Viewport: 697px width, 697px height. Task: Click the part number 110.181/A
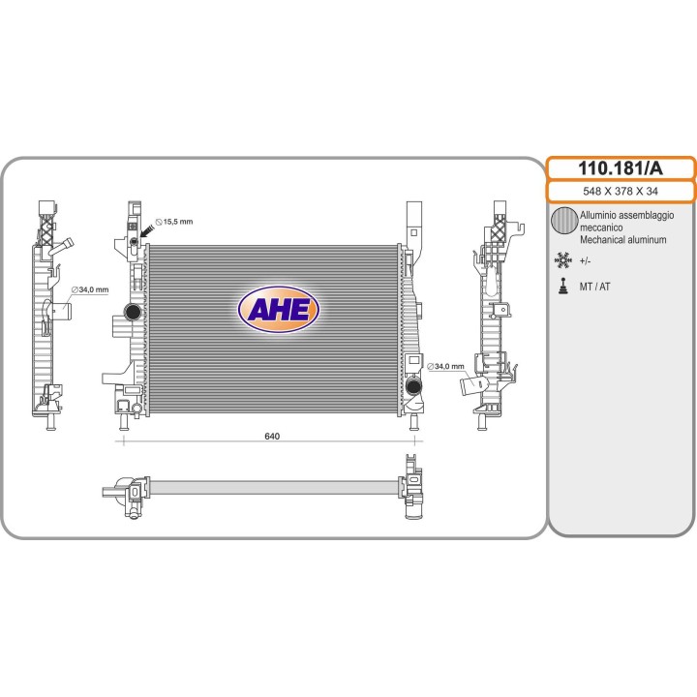621,167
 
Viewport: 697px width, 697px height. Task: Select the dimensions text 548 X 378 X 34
621,192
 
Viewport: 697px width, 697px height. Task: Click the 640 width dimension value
272,437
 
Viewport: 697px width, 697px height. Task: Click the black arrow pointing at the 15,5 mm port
147,230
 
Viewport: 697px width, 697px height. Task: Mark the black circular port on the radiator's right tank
414,388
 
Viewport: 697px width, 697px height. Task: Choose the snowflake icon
561,260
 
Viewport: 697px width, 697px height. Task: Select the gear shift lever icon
561,287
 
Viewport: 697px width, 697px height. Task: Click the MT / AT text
595,287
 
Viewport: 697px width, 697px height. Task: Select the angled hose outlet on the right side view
472,388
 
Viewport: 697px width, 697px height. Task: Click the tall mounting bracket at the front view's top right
415,223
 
